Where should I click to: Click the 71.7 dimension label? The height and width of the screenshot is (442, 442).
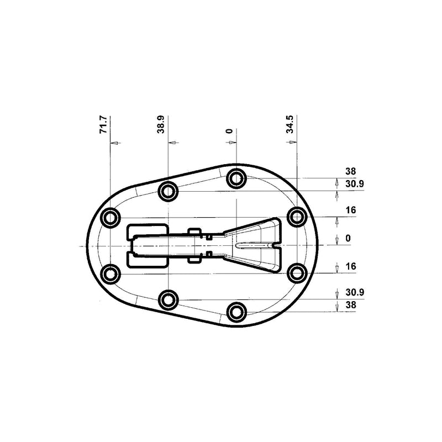[103, 124]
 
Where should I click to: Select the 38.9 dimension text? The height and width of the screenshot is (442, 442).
[161, 124]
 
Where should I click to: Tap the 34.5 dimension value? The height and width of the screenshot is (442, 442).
[290, 124]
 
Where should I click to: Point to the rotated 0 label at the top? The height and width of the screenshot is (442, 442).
[230, 131]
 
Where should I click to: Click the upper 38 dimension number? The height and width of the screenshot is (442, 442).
[351, 171]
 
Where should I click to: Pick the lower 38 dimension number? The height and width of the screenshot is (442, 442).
[351, 305]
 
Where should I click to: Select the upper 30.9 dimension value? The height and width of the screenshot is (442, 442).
[355, 184]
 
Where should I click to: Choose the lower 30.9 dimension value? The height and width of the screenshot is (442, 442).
[355, 292]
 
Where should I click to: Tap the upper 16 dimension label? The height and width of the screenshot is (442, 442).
[351, 210]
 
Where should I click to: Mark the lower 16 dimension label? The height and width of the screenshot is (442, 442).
[351, 266]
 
